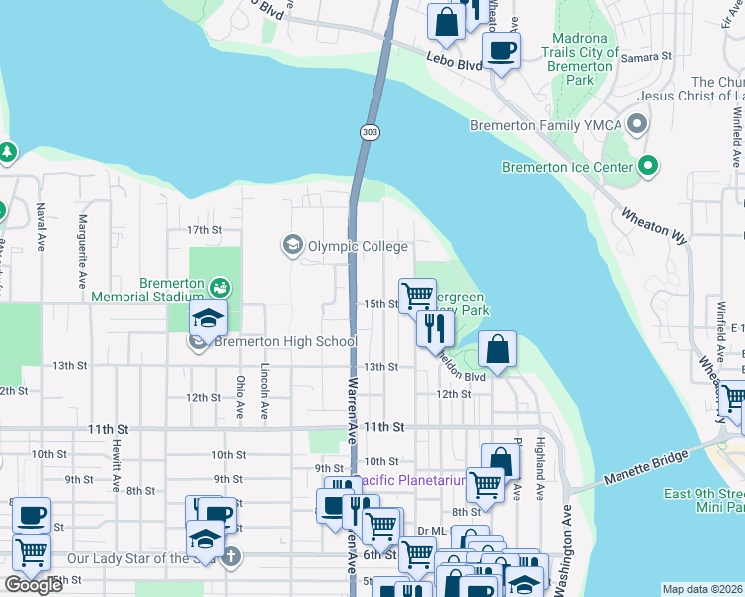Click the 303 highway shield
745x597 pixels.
(x=370, y=132)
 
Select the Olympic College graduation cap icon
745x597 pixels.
(x=293, y=245)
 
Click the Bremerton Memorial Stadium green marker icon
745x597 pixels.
(x=220, y=288)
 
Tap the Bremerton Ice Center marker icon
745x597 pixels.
(x=649, y=166)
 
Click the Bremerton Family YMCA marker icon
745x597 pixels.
(x=638, y=125)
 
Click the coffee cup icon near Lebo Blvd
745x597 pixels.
(x=501, y=50)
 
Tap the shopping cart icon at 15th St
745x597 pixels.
(x=417, y=296)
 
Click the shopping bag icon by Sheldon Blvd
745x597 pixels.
(x=497, y=349)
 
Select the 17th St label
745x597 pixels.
(x=204, y=230)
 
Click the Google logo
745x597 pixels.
(x=34, y=585)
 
